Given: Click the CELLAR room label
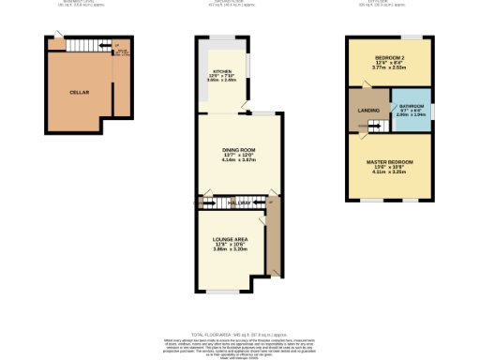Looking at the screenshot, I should pos(79,93).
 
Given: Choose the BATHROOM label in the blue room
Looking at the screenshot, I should pos(412,109).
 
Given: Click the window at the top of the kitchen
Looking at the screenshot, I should pos(221,37).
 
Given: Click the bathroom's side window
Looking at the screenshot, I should pos(432,112).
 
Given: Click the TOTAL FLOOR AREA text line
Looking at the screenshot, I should pos(239,334).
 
